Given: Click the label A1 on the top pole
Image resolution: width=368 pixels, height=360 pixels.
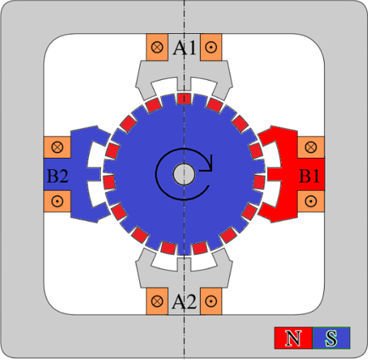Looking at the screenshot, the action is [x=184, y=48].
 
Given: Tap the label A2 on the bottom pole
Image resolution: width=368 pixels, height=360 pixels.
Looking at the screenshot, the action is [x=184, y=301].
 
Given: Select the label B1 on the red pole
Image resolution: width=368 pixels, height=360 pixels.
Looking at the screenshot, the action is [x=309, y=176].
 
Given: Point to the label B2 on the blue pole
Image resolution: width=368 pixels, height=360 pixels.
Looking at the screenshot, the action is [x=58, y=176].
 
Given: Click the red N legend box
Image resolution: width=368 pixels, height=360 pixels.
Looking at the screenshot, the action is [x=293, y=338].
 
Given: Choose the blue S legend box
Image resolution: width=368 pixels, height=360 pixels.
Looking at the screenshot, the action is [x=332, y=338].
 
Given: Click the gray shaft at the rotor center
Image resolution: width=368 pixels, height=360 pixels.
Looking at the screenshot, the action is [x=184, y=175].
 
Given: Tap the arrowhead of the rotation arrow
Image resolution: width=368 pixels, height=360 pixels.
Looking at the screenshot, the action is [x=209, y=164].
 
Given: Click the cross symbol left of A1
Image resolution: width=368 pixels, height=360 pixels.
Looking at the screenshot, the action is [x=157, y=47].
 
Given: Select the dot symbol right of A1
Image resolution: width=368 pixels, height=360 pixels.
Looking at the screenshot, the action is [x=211, y=47].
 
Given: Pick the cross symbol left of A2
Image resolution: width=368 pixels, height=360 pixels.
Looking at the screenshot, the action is [x=157, y=301].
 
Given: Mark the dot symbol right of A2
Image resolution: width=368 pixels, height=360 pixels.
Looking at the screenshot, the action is [x=211, y=301].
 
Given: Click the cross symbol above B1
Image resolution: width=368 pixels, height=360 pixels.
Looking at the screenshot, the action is [x=311, y=147].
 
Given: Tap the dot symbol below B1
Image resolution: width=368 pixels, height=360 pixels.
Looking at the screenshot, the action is [x=311, y=201].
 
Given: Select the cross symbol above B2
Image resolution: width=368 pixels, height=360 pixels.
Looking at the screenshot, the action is [x=58, y=147].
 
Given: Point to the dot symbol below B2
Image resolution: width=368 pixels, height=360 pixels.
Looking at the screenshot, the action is [x=58, y=201].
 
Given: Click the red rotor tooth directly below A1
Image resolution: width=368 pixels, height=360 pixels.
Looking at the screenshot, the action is [x=184, y=98].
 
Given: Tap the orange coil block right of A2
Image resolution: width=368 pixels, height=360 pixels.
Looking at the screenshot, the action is [x=211, y=301].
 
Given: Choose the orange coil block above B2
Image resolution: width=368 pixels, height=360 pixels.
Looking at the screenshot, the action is [x=57, y=147].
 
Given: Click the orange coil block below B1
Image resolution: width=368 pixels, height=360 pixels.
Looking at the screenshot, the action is [x=311, y=201].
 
